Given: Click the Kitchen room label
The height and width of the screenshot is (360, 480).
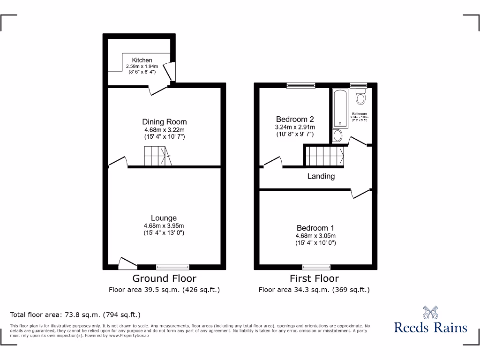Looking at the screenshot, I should click(142, 60).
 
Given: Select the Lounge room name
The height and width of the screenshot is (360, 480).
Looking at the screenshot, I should click(164, 218).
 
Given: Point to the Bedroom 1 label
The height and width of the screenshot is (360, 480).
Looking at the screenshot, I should click(315, 228).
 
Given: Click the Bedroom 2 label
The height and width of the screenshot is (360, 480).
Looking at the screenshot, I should click(294, 119).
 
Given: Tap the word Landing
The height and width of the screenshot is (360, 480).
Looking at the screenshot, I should click(321, 176).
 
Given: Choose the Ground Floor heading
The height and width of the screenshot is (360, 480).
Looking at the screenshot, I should click(164, 278).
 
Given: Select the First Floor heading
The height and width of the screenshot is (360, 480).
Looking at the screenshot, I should click(314, 278).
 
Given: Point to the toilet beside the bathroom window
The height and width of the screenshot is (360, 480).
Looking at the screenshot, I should click(360, 97).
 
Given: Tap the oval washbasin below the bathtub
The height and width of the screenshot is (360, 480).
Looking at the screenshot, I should click(337, 136).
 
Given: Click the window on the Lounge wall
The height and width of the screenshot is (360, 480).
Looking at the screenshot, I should click(172, 267).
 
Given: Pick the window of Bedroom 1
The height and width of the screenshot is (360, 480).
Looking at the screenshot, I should click(316, 267).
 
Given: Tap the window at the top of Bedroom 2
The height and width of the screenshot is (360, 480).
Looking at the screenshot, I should click(301, 85).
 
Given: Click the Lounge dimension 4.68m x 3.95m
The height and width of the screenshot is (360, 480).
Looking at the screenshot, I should click(164, 226).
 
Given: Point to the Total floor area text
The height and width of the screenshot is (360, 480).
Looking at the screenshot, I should click(75, 315).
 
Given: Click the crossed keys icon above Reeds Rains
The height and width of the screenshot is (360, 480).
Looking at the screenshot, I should click(430, 313).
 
